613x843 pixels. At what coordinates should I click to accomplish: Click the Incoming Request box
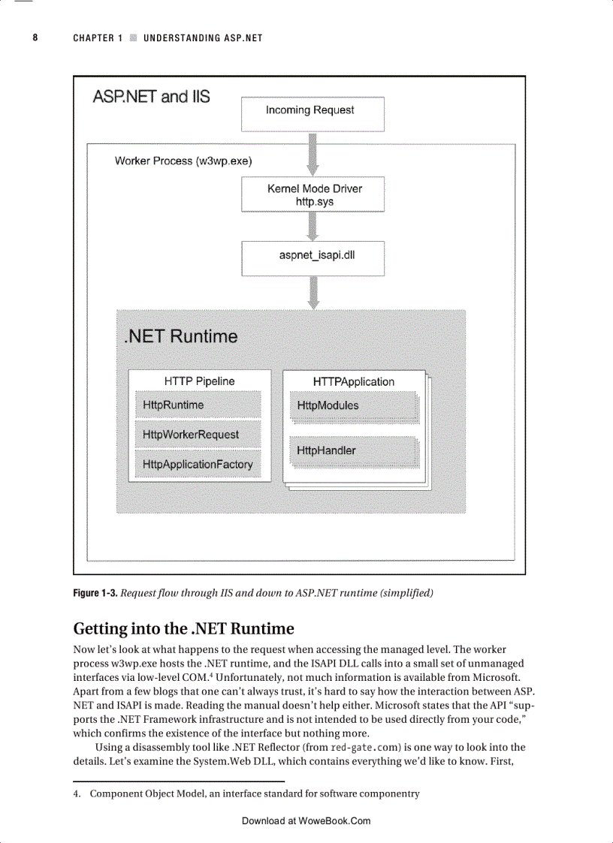(x=312, y=114)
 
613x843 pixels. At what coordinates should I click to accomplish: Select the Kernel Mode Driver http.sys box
(x=313, y=194)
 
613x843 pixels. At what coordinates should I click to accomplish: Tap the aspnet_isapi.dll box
(x=313, y=257)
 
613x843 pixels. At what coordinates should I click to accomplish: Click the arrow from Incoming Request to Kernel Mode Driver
(x=313, y=154)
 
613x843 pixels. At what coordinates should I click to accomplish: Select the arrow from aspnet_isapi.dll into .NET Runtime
(x=313, y=292)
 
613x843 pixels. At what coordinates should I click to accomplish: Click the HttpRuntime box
(x=198, y=405)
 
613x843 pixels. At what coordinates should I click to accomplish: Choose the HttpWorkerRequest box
(x=198, y=435)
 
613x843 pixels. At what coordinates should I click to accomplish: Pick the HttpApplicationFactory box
(x=198, y=465)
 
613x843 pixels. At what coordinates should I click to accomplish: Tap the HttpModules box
(x=354, y=406)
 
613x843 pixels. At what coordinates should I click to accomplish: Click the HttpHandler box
(x=354, y=451)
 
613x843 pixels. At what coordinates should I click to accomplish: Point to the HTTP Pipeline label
(x=199, y=381)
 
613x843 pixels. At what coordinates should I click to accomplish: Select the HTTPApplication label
(x=353, y=382)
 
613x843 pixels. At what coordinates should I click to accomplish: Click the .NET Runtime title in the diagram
(x=180, y=336)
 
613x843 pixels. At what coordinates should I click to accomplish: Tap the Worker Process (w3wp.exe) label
(x=183, y=161)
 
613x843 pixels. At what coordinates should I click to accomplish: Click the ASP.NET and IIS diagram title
(x=151, y=97)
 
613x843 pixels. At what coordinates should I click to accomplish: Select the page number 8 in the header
(x=35, y=38)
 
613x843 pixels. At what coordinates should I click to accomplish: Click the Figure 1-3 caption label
(x=95, y=593)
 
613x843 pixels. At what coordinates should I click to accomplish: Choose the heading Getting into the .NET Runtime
(x=183, y=628)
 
